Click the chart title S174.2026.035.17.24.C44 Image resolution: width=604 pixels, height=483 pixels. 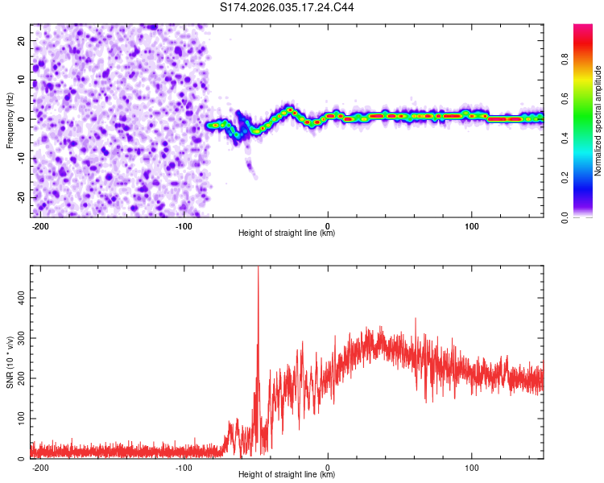[x=287, y=7]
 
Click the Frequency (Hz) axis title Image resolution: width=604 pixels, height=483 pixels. [x=10, y=120]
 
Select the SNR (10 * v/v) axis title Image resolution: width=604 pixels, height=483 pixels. [x=10, y=361]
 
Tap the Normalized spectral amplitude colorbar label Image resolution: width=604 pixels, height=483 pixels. [x=598, y=121]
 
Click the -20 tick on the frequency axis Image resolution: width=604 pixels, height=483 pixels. [x=20, y=197]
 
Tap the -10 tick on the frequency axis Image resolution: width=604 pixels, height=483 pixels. [x=20, y=158]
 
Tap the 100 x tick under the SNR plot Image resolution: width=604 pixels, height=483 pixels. [x=472, y=467]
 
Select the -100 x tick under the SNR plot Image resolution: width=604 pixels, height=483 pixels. [x=184, y=467]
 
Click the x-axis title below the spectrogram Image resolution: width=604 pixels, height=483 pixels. [x=287, y=233]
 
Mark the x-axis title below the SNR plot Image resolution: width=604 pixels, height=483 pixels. [x=287, y=475]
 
